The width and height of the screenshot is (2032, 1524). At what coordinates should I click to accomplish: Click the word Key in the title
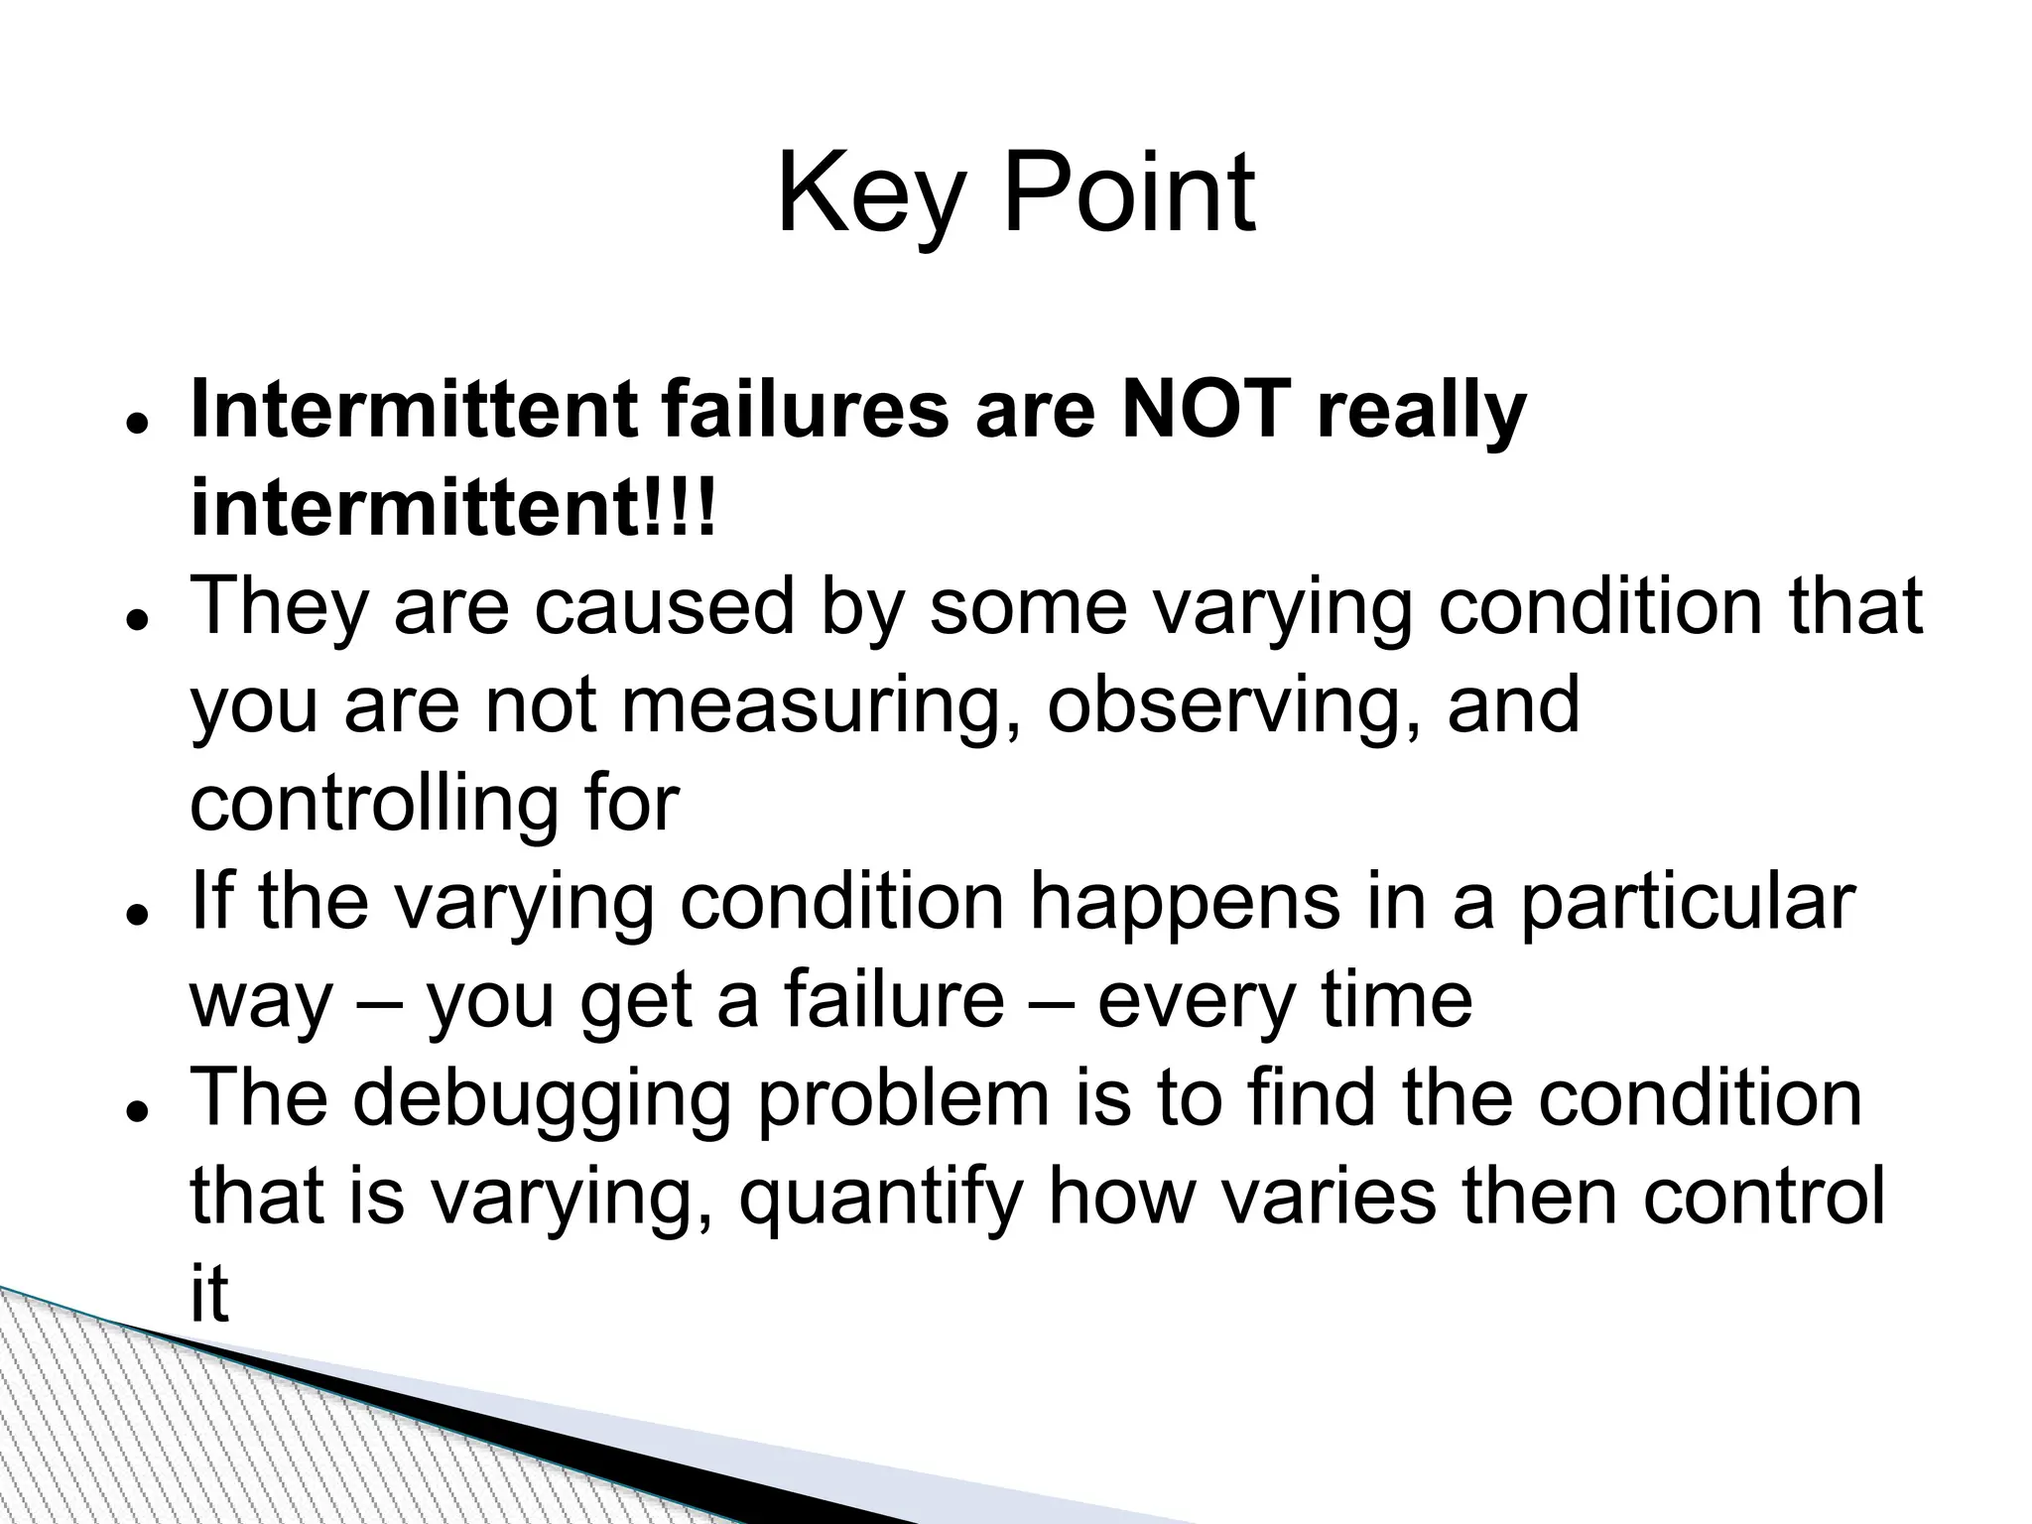[x=869, y=194]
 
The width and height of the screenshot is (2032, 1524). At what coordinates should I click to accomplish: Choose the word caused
[x=664, y=606]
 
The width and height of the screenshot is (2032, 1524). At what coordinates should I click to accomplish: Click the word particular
[x=1686, y=903]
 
